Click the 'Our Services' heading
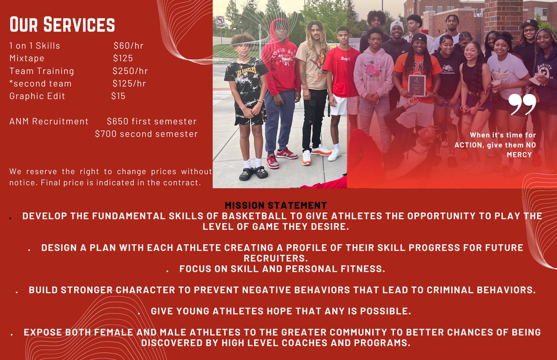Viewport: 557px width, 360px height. [62, 25]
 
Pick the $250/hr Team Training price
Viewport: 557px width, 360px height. [130, 71]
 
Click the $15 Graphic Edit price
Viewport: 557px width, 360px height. [118, 96]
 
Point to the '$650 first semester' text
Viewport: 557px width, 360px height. [151, 122]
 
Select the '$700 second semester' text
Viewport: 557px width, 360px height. [146, 134]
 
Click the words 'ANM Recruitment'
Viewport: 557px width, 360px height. [49, 122]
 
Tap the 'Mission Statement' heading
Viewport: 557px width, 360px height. [276, 205]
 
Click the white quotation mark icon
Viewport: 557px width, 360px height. [522, 104]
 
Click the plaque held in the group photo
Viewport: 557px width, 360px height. [417, 85]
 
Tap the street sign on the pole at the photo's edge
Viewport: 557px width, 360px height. [220, 20]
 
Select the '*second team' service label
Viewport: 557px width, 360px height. [40, 84]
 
